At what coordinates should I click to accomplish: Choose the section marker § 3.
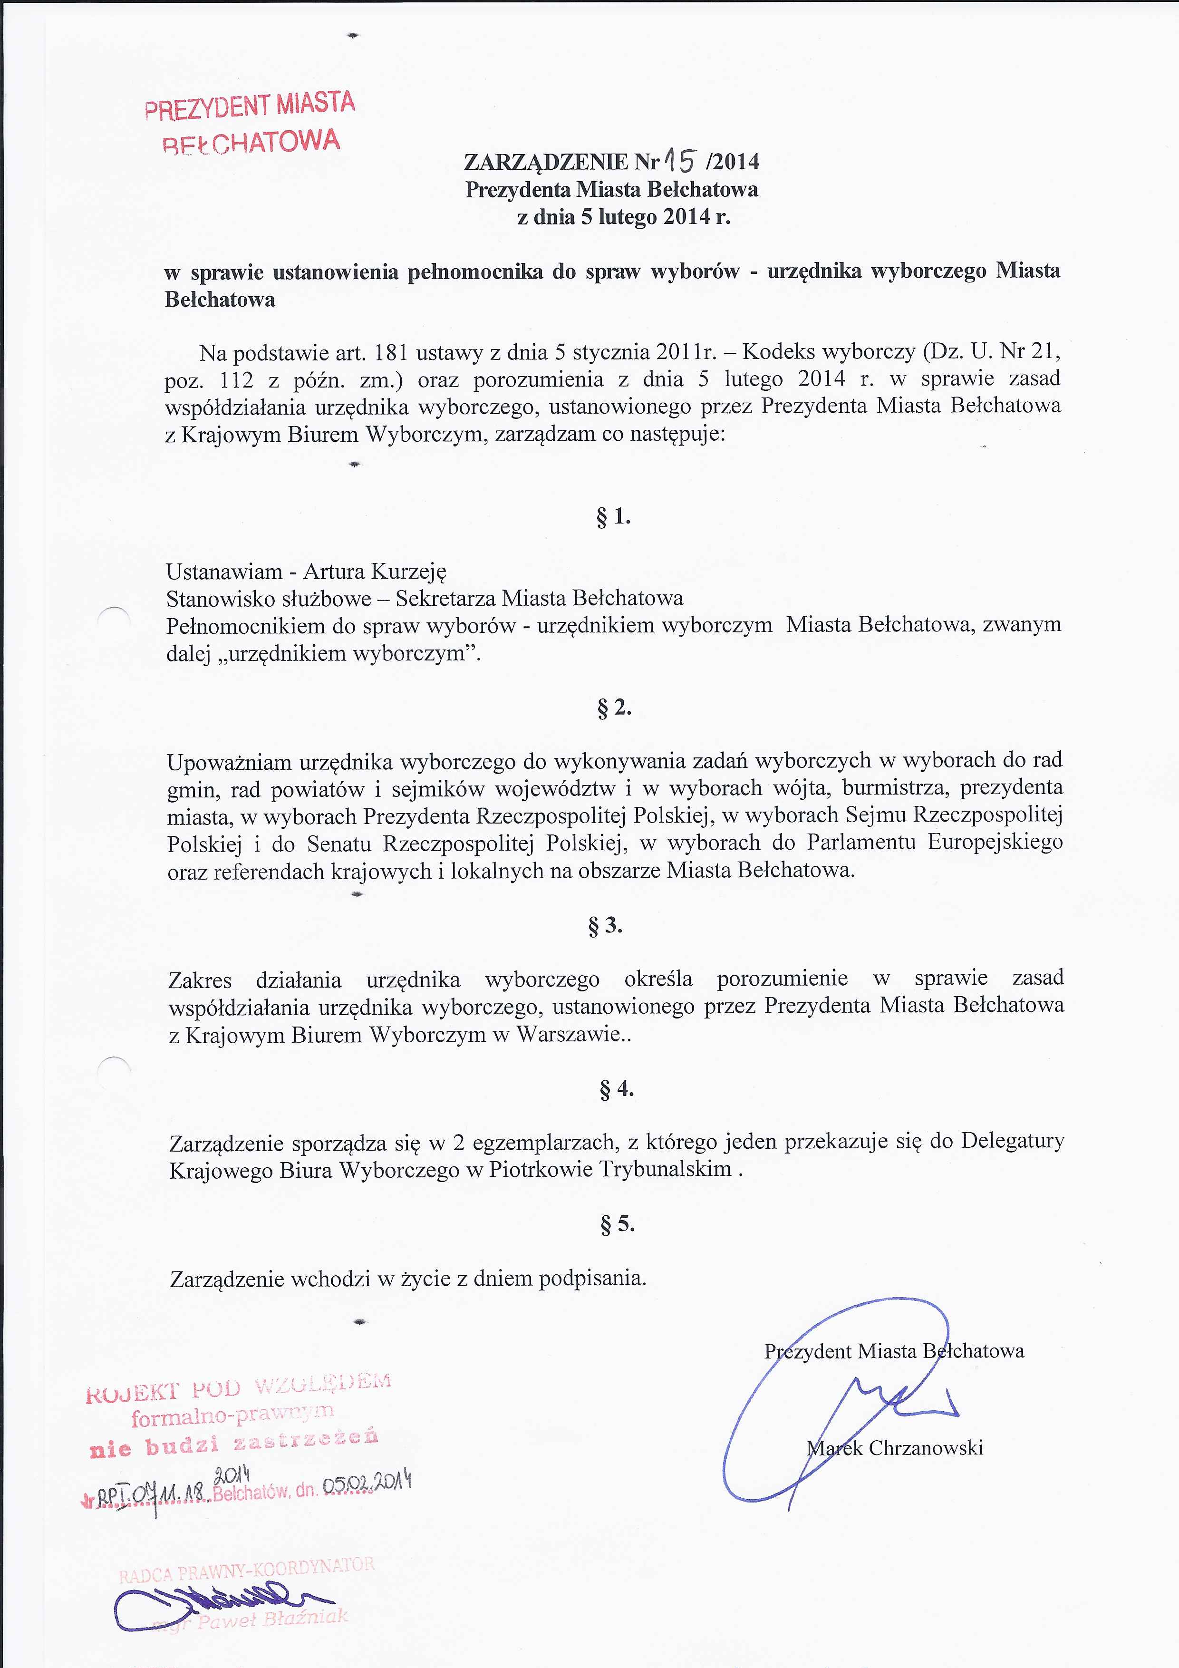coord(605,926)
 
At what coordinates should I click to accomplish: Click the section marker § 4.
coord(617,1089)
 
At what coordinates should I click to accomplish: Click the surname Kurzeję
coord(408,571)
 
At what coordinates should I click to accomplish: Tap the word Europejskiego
coord(995,843)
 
